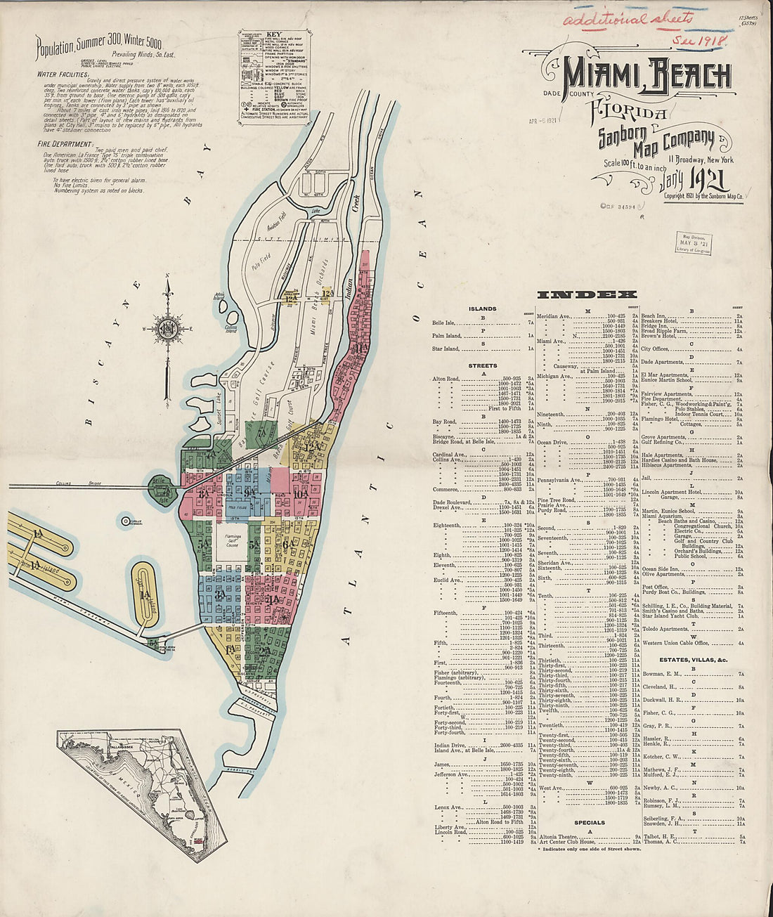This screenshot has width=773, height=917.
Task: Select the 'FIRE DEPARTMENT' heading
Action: pos(63,144)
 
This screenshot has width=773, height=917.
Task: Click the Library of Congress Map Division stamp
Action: pos(693,243)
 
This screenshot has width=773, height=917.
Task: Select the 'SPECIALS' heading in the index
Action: pos(589,822)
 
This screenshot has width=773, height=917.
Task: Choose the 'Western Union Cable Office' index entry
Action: pos(685,643)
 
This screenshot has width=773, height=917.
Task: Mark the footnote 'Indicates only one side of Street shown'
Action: pos(590,849)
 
